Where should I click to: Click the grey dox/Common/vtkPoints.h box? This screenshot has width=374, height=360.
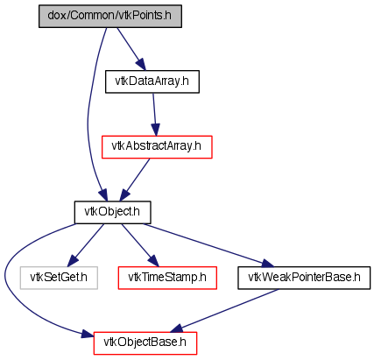tap(110, 17)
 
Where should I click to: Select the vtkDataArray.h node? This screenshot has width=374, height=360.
tap(152, 81)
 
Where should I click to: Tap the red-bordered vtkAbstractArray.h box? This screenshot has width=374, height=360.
tap(157, 147)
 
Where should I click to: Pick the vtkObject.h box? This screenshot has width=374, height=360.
tap(112, 213)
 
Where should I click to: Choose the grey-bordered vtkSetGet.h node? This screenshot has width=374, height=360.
tap(59, 278)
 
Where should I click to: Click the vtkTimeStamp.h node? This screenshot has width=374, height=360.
tap(167, 278)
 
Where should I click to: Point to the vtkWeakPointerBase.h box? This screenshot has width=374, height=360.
tap(304, 278)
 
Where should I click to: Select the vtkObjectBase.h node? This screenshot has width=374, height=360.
tap(145, 343)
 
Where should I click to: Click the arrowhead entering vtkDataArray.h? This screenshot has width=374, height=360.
tap(140, 65)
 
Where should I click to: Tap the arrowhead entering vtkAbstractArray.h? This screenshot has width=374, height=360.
tap(156, 130)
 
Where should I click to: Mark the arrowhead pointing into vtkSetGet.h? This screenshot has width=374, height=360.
tap(73, 261)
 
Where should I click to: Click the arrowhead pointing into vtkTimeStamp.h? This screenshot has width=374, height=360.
tap(153, 261)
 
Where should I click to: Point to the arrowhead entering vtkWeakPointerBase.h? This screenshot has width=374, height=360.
tap(268, 263)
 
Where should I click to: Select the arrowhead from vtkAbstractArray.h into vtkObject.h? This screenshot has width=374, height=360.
tap(124, 195)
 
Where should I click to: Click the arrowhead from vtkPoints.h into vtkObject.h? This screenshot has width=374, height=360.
tap(103, 195)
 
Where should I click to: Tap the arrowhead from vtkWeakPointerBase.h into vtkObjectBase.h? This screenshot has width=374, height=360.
tap(177, 328)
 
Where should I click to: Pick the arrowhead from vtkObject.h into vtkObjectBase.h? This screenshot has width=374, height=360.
tap(88, 334)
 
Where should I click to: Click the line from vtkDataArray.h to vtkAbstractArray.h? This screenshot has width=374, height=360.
tap(154, 109)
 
